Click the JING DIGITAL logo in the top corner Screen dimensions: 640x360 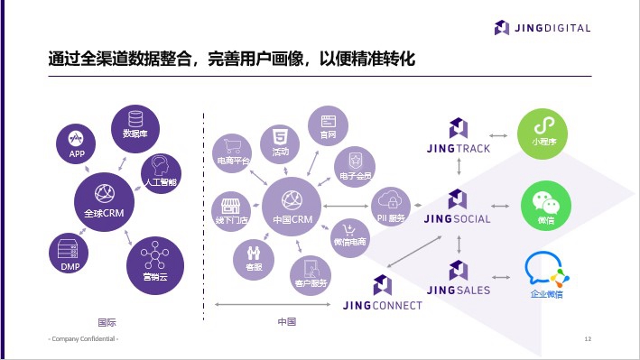point(543,27)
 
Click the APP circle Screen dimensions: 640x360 point(77,143)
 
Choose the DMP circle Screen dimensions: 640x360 point(70,254)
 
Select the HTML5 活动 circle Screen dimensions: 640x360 point(281,143)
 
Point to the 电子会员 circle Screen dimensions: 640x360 point(354,165)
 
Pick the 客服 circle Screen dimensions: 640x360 point(254,254)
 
